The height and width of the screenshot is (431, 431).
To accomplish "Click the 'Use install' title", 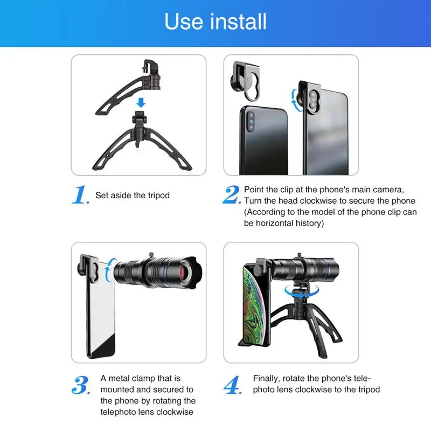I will pos(215,22).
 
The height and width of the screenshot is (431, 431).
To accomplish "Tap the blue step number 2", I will pos(231,195).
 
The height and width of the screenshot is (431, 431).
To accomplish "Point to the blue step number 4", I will pos(232,386).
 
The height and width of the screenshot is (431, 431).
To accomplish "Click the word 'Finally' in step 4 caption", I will pos(267,378).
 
